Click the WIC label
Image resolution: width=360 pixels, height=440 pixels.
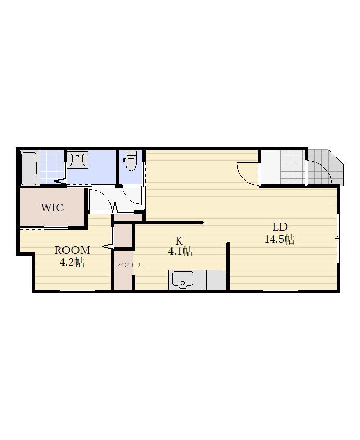coord(53,208)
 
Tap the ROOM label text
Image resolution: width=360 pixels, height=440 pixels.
coord(72,250)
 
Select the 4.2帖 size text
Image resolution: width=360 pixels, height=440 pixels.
coord(72,262)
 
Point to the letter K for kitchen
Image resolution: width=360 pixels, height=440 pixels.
coord(179,240)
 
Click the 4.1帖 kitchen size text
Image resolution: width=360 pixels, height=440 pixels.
coord(180,251)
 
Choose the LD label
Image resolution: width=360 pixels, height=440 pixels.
coord(280,227)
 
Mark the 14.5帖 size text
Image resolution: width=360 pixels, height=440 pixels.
coord(279,239)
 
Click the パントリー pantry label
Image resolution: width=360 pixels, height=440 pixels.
coord(133,265)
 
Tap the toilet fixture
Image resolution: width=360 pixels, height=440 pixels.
coord(131,160)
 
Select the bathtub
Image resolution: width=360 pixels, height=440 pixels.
coord(29,168)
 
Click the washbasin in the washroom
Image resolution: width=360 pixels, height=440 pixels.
coord(77,159)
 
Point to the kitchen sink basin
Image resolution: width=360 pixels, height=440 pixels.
coord(183,280)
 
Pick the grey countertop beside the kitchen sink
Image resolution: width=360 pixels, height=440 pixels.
coord(216,280)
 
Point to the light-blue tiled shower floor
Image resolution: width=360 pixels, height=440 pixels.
coord(52,167)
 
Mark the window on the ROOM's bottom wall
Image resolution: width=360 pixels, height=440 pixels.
coord(77,291)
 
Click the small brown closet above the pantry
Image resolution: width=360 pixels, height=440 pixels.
coord(123,236)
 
